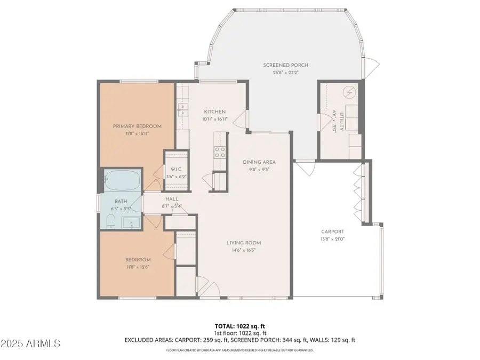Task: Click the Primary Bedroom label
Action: pyautogui.click(x=137, y=126)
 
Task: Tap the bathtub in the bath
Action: pyautogui.click(x=122, y=181)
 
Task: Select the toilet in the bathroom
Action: pyautogui.click(x=110, y=222)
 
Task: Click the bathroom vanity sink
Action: pyautogui.click(x=130, y=222)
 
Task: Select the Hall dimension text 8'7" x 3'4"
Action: pyautogui.click(x=171, y=205)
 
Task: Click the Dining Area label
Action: pyautogui.click(x=259, y=162)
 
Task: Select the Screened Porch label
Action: pyautogui.click(x=285, y=66)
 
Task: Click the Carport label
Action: pyautogui.click(x=332, y=231)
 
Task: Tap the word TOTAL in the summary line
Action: pyautogui.click(x=223, y=325)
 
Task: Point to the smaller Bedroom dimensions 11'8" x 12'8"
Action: pyautogui.click(x=137, y=267)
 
